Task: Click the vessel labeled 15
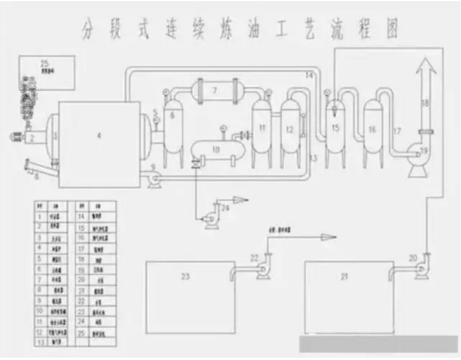334,127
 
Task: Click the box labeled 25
46,72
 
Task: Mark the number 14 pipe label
309,75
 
